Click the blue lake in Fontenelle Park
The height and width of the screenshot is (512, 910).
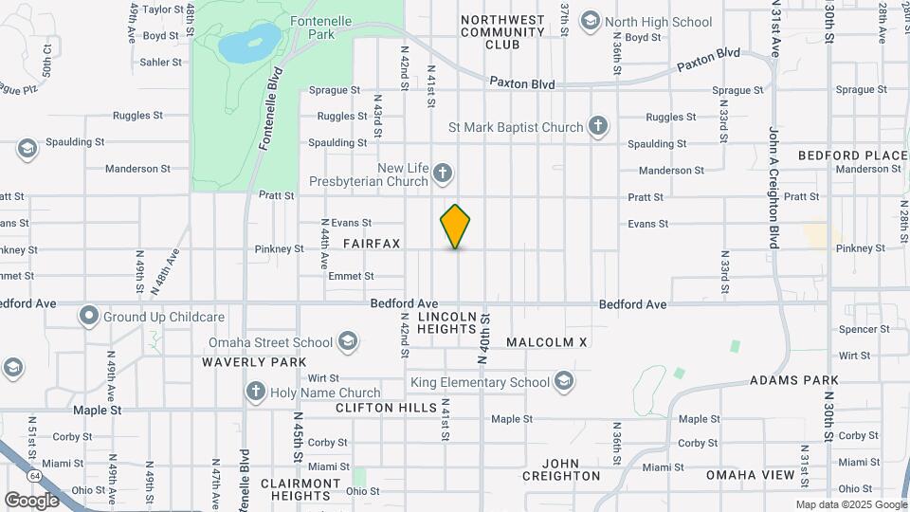click(249, 43)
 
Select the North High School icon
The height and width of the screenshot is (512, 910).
click(591, 21)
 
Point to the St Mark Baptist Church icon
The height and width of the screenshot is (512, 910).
click(597, 125)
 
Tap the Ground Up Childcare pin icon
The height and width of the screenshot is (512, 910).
click(89, 316)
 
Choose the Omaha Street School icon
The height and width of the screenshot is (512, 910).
click(348, 341)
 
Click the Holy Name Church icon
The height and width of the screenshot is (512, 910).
click(254, 392)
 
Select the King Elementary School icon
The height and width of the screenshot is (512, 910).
click(564, 382)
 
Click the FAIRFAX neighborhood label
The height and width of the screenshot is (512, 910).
click(372, 244)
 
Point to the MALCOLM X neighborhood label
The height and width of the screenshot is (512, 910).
click(547, 341)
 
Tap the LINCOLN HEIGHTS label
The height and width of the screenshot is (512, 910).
click(446, 322)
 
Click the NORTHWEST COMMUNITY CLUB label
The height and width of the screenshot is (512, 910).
click(502, 32)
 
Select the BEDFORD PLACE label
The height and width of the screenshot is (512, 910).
click(853, 155)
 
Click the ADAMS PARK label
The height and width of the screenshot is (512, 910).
click(793, 380)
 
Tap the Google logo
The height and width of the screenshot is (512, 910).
click(31, 500)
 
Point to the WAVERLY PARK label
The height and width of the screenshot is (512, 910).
click(254, 362)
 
